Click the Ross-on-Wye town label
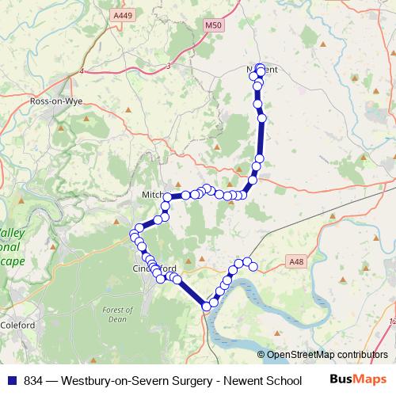[55, 102]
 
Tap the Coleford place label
[17, 325]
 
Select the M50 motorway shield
[213, 26]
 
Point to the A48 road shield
[296, 260]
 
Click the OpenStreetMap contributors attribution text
[326, 355]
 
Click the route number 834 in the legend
[35, 379]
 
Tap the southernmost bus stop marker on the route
[207, 306]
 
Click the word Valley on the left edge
[11, 234]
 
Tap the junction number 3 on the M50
[169, 66]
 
